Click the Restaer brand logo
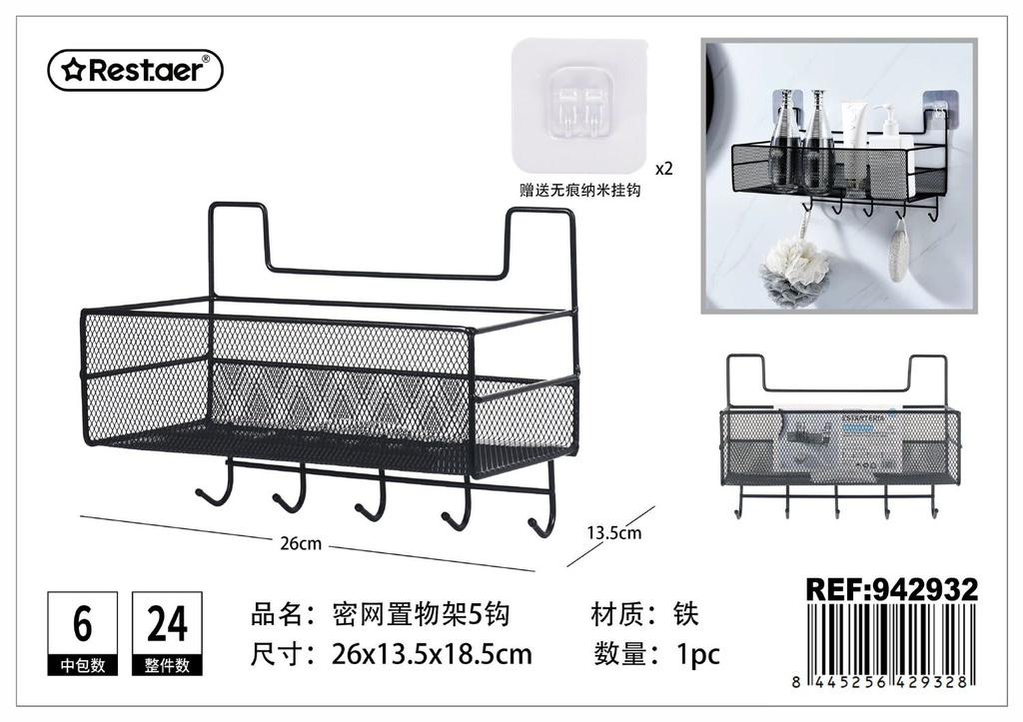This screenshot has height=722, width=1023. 135,70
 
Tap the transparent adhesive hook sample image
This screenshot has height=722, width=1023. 579,104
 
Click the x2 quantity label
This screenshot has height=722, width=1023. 663,169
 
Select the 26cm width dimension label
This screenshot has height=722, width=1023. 301,543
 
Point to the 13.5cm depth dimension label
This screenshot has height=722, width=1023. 614,532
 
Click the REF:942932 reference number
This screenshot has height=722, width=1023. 892,589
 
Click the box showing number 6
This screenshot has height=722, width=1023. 82,633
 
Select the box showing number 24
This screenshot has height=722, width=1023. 167,633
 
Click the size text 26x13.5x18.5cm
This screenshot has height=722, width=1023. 432,654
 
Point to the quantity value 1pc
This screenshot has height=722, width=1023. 697,654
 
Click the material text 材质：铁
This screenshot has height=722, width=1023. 644,614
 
